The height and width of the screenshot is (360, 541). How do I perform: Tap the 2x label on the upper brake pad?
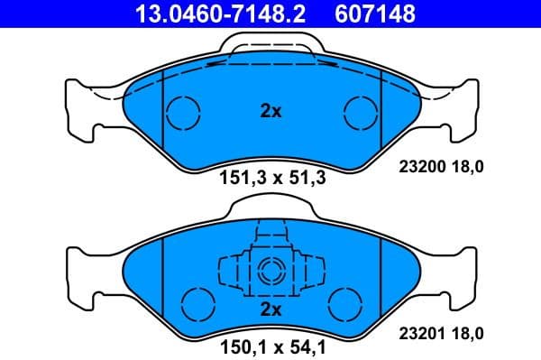(270, 112)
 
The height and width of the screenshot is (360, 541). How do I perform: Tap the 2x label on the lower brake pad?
(270, 309)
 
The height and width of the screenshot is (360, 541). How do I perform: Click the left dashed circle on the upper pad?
(184, 113)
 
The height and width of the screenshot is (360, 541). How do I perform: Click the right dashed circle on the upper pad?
(359, 113)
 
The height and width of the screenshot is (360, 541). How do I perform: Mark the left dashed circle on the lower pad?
(196, 301)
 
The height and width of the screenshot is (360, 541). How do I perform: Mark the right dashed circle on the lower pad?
(344, 301)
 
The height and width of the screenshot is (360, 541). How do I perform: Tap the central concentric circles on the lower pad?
(270, 268)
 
